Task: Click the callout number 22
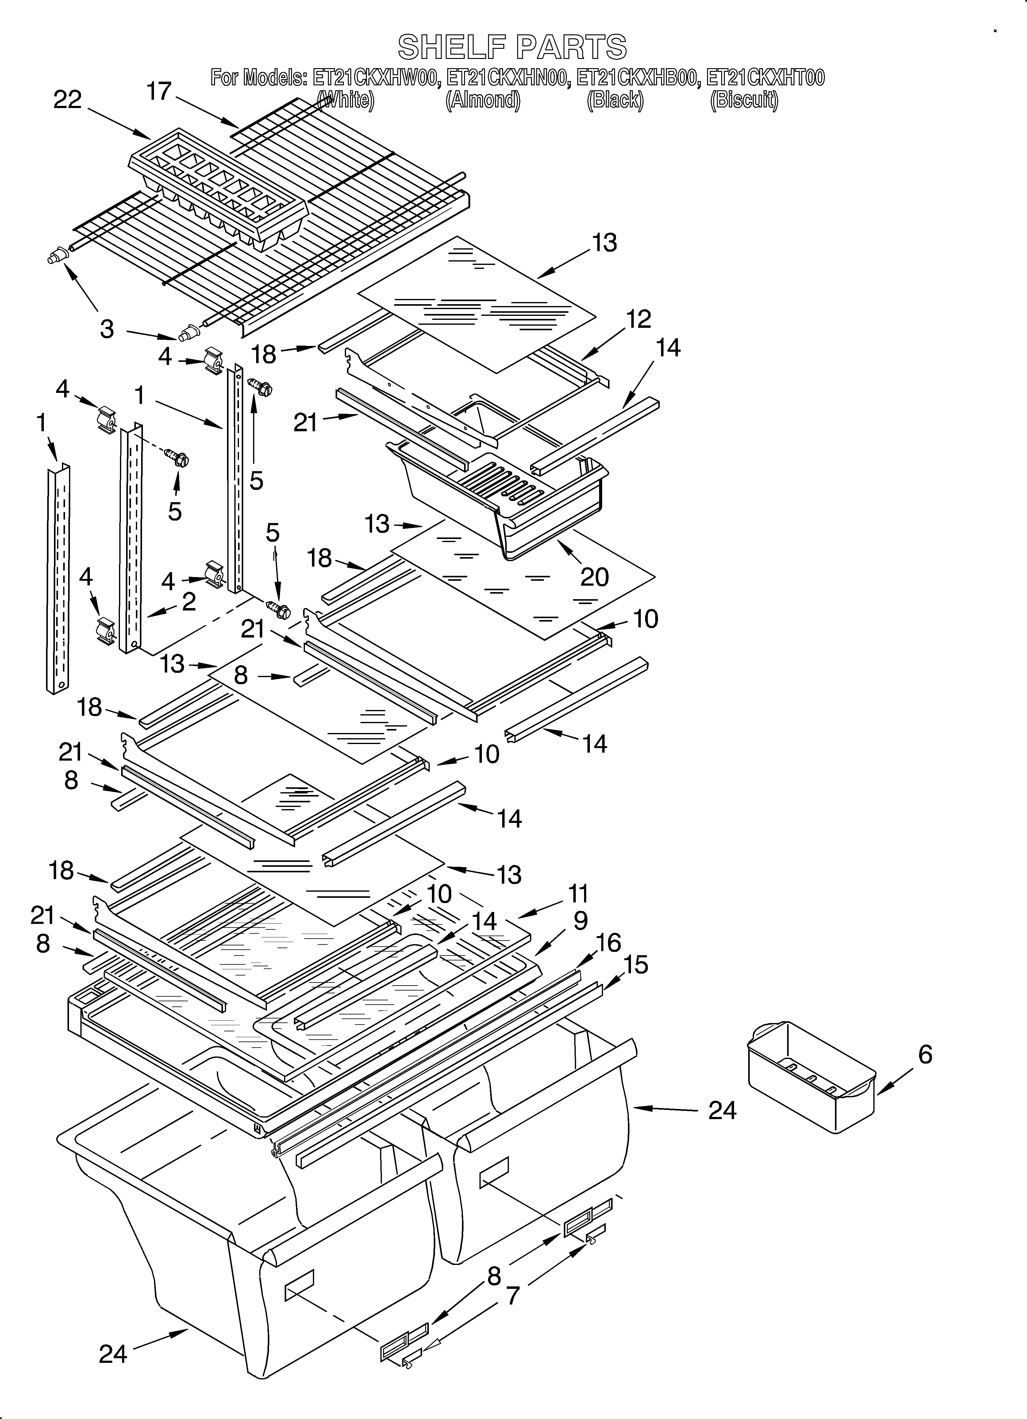click(67, 99)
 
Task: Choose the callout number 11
click(578, 894)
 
